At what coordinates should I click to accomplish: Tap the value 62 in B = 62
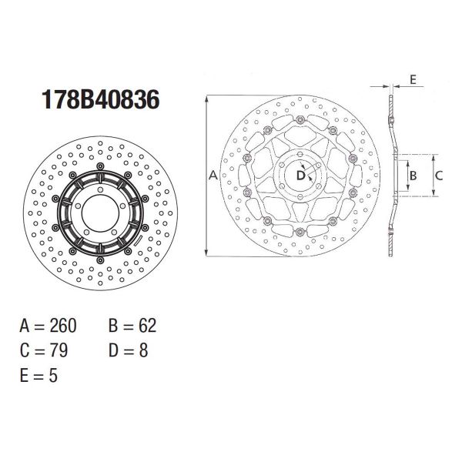tap(146, 326)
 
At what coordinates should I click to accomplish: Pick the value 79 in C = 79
tap(58, 350)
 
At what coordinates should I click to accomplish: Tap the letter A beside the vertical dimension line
tap(213, 176)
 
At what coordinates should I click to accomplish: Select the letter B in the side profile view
tap(413, 176)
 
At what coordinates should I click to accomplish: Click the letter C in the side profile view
tap(439, 176)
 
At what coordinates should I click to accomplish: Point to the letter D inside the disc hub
tap(301, 176)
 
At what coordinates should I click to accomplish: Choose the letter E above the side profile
tap(413, 79)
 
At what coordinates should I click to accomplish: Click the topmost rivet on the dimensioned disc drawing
tap(298, 119)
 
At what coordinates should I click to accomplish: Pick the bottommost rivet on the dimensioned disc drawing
tap(298, 232)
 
